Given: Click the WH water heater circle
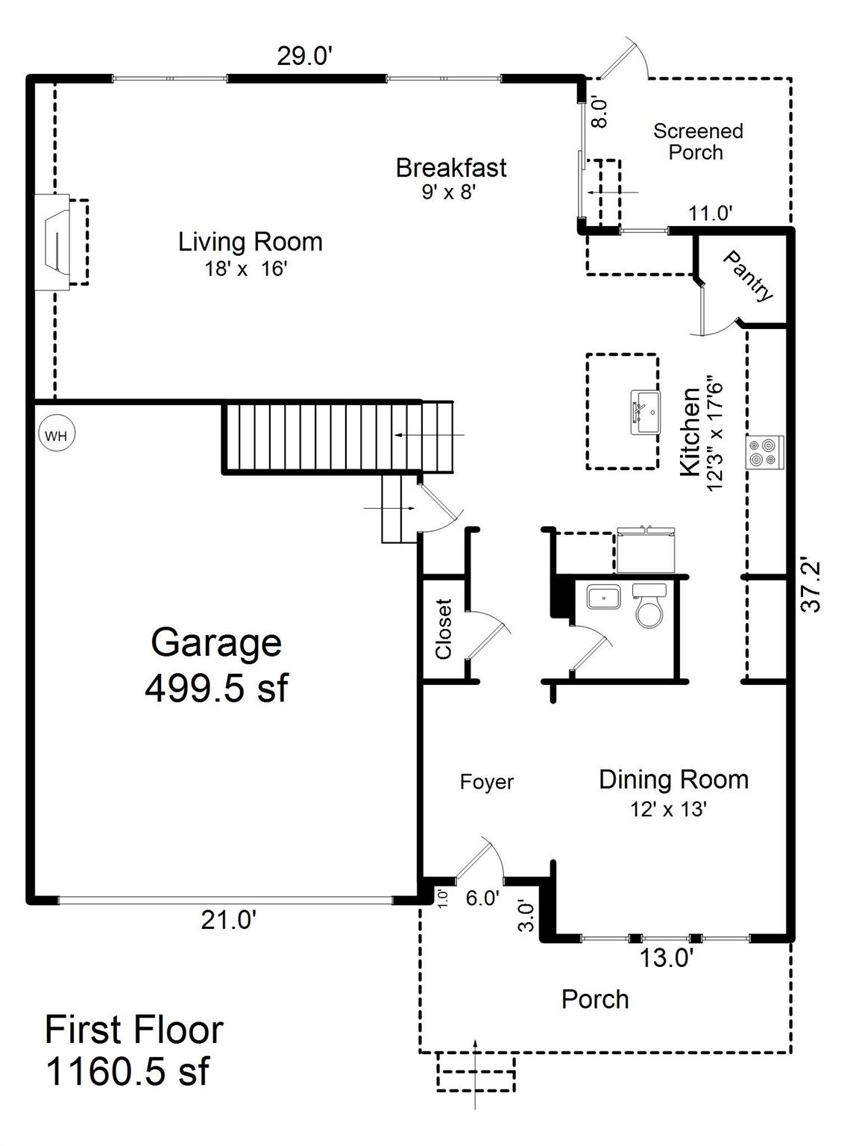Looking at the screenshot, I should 56,435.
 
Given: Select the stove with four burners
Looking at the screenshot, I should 764,452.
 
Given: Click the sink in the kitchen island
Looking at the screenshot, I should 646,411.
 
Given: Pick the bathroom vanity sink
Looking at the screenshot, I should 603,598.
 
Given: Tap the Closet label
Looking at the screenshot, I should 444,629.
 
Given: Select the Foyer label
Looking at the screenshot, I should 486,782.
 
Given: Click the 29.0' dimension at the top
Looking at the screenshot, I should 304,56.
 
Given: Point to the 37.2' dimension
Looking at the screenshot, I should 811,584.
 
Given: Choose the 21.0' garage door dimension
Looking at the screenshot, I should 228,921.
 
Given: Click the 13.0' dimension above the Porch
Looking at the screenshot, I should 667,958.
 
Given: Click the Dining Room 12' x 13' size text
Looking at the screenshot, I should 668,809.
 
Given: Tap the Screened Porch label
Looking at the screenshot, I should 697,142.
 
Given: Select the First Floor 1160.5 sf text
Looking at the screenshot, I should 134,1050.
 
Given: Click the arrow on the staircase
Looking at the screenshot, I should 429,434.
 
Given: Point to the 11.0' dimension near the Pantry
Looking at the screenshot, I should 710,213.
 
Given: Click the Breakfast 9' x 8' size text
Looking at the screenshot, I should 448,192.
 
